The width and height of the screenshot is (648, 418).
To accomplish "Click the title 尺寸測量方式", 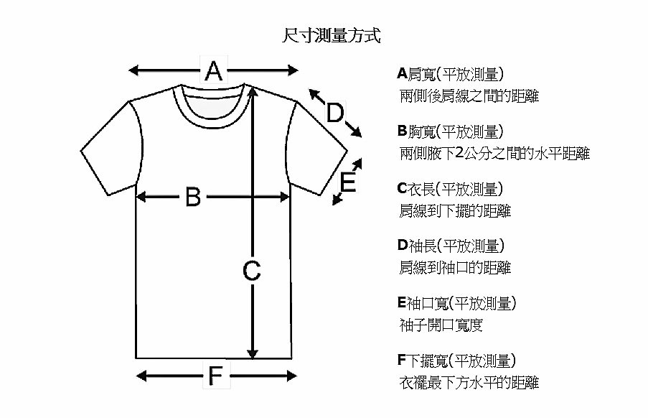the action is coord(331,36).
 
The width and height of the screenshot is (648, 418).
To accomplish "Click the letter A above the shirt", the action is coord(214,70).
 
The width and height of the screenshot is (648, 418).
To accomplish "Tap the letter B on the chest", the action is coord(193,197).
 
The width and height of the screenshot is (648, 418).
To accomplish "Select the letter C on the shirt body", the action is coord(251,271).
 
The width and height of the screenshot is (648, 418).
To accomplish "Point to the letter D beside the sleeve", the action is coord(334,113).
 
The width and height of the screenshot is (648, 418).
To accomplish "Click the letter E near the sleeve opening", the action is coord(347,182).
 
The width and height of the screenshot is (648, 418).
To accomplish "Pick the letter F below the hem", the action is coord(216,376).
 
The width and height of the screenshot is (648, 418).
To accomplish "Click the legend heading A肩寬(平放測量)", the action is coord(451,75).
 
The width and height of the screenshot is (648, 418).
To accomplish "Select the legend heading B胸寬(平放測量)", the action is coord(451,132).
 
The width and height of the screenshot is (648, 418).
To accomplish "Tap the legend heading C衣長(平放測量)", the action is coord(451,189).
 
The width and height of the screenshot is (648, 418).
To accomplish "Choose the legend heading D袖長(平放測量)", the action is coord(451,246).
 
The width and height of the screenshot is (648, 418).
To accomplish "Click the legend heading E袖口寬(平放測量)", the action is coord(456,303).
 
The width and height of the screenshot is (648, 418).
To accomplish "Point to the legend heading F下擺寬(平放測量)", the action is coord(456,361).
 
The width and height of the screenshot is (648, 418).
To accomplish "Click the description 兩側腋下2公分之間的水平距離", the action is coord(494,154).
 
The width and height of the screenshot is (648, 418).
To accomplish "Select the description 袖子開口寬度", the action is coord(441,325).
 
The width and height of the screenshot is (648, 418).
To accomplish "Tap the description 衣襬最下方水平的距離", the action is coord(469,382).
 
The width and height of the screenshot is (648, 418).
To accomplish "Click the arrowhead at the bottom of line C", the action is coord(253,354).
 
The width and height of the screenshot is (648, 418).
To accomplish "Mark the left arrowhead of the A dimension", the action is coord(134,70).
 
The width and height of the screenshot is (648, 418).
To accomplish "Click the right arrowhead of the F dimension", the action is coord(292,376).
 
